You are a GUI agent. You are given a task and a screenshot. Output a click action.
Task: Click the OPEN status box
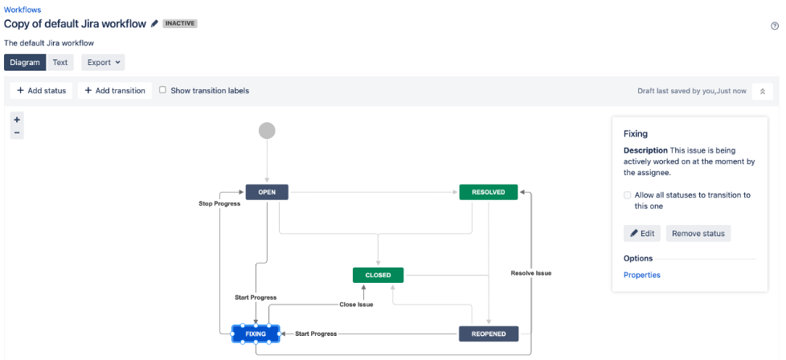coord(267,192)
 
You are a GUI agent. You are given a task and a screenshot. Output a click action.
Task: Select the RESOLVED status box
coord(489,192)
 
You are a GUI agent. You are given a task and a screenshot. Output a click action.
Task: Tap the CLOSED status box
coord(378,276)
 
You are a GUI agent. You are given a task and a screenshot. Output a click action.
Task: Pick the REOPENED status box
coord(489,334)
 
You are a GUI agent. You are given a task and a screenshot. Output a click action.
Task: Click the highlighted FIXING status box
coord(256,334)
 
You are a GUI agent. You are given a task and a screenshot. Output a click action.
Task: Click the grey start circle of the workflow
coord(267,131)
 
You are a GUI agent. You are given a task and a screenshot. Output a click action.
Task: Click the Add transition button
coord(115,91)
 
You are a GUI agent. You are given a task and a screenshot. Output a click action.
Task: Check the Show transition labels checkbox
coord(162,90)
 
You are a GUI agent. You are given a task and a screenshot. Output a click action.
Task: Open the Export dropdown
coord(103,62)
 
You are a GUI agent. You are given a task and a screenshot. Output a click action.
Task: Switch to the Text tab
coord(60,62)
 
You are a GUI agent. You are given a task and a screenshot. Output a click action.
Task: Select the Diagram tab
coord(25,62)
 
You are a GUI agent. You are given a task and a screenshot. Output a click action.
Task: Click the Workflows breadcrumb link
coord(23,10)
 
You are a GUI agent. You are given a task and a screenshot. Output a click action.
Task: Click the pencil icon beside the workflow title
coord(154,23)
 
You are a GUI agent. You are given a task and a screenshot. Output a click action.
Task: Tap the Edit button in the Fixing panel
coord(642,233)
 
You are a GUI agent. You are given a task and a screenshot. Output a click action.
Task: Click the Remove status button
coord(698,233)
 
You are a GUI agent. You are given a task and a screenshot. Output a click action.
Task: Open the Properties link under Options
coord(641,275)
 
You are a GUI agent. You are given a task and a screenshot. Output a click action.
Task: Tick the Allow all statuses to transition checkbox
coord(628,195)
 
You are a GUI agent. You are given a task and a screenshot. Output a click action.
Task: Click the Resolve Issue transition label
coord(531,273)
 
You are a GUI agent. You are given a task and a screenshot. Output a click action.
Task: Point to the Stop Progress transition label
coord(219,203)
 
